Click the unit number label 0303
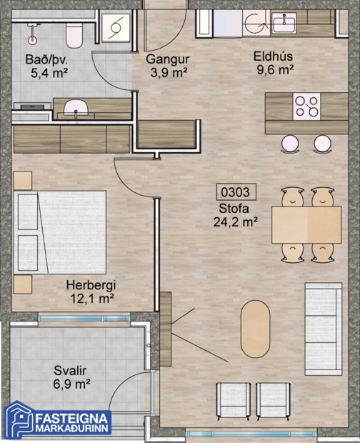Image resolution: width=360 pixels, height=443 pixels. [236, 192]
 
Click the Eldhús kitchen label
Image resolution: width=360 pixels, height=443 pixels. [274, 56]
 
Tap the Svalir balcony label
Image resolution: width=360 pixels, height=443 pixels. [70, 370]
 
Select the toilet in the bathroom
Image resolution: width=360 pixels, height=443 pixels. [74, 31]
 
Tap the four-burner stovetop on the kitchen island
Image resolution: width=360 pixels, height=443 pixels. [307, 106]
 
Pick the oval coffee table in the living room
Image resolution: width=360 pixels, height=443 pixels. [255, 328]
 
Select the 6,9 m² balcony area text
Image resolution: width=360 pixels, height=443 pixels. [71, 384]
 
